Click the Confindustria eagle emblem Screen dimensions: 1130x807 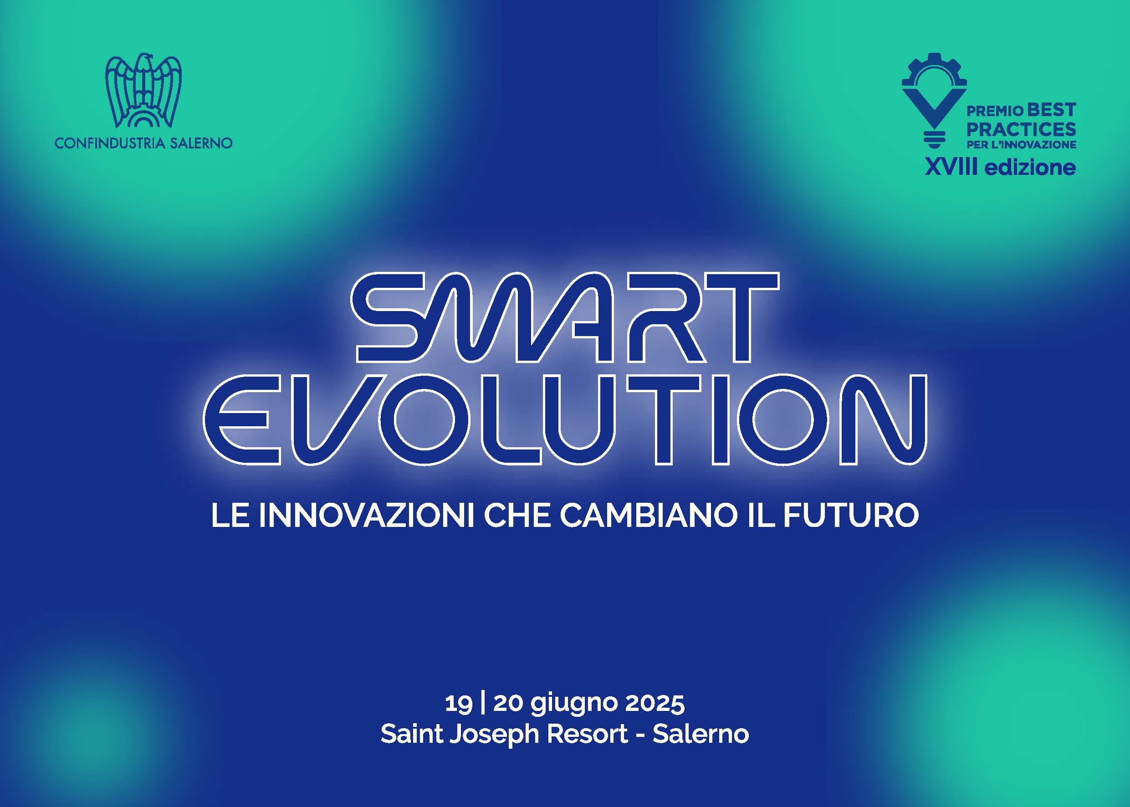tap(143, 91)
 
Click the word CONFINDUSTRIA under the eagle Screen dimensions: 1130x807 tap(109, 143)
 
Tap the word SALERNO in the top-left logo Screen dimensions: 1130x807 tap(201, 143)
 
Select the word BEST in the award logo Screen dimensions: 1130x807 tap(1051, 109)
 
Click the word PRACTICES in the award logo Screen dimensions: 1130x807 tap(1021, 129)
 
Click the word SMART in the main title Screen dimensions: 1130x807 tap(565, 317)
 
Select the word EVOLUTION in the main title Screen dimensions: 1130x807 tap(565, 420)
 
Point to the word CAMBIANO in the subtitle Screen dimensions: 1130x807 tap(649, 516)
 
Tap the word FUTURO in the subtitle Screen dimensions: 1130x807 tap(851, 516)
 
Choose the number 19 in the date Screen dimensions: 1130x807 tap(458, 703)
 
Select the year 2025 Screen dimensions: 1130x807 tap(654, 703)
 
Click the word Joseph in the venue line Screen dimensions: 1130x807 tap(494, 735)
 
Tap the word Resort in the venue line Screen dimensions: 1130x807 tap(588, 734)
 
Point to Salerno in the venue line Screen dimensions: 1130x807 tap(700, 734)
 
